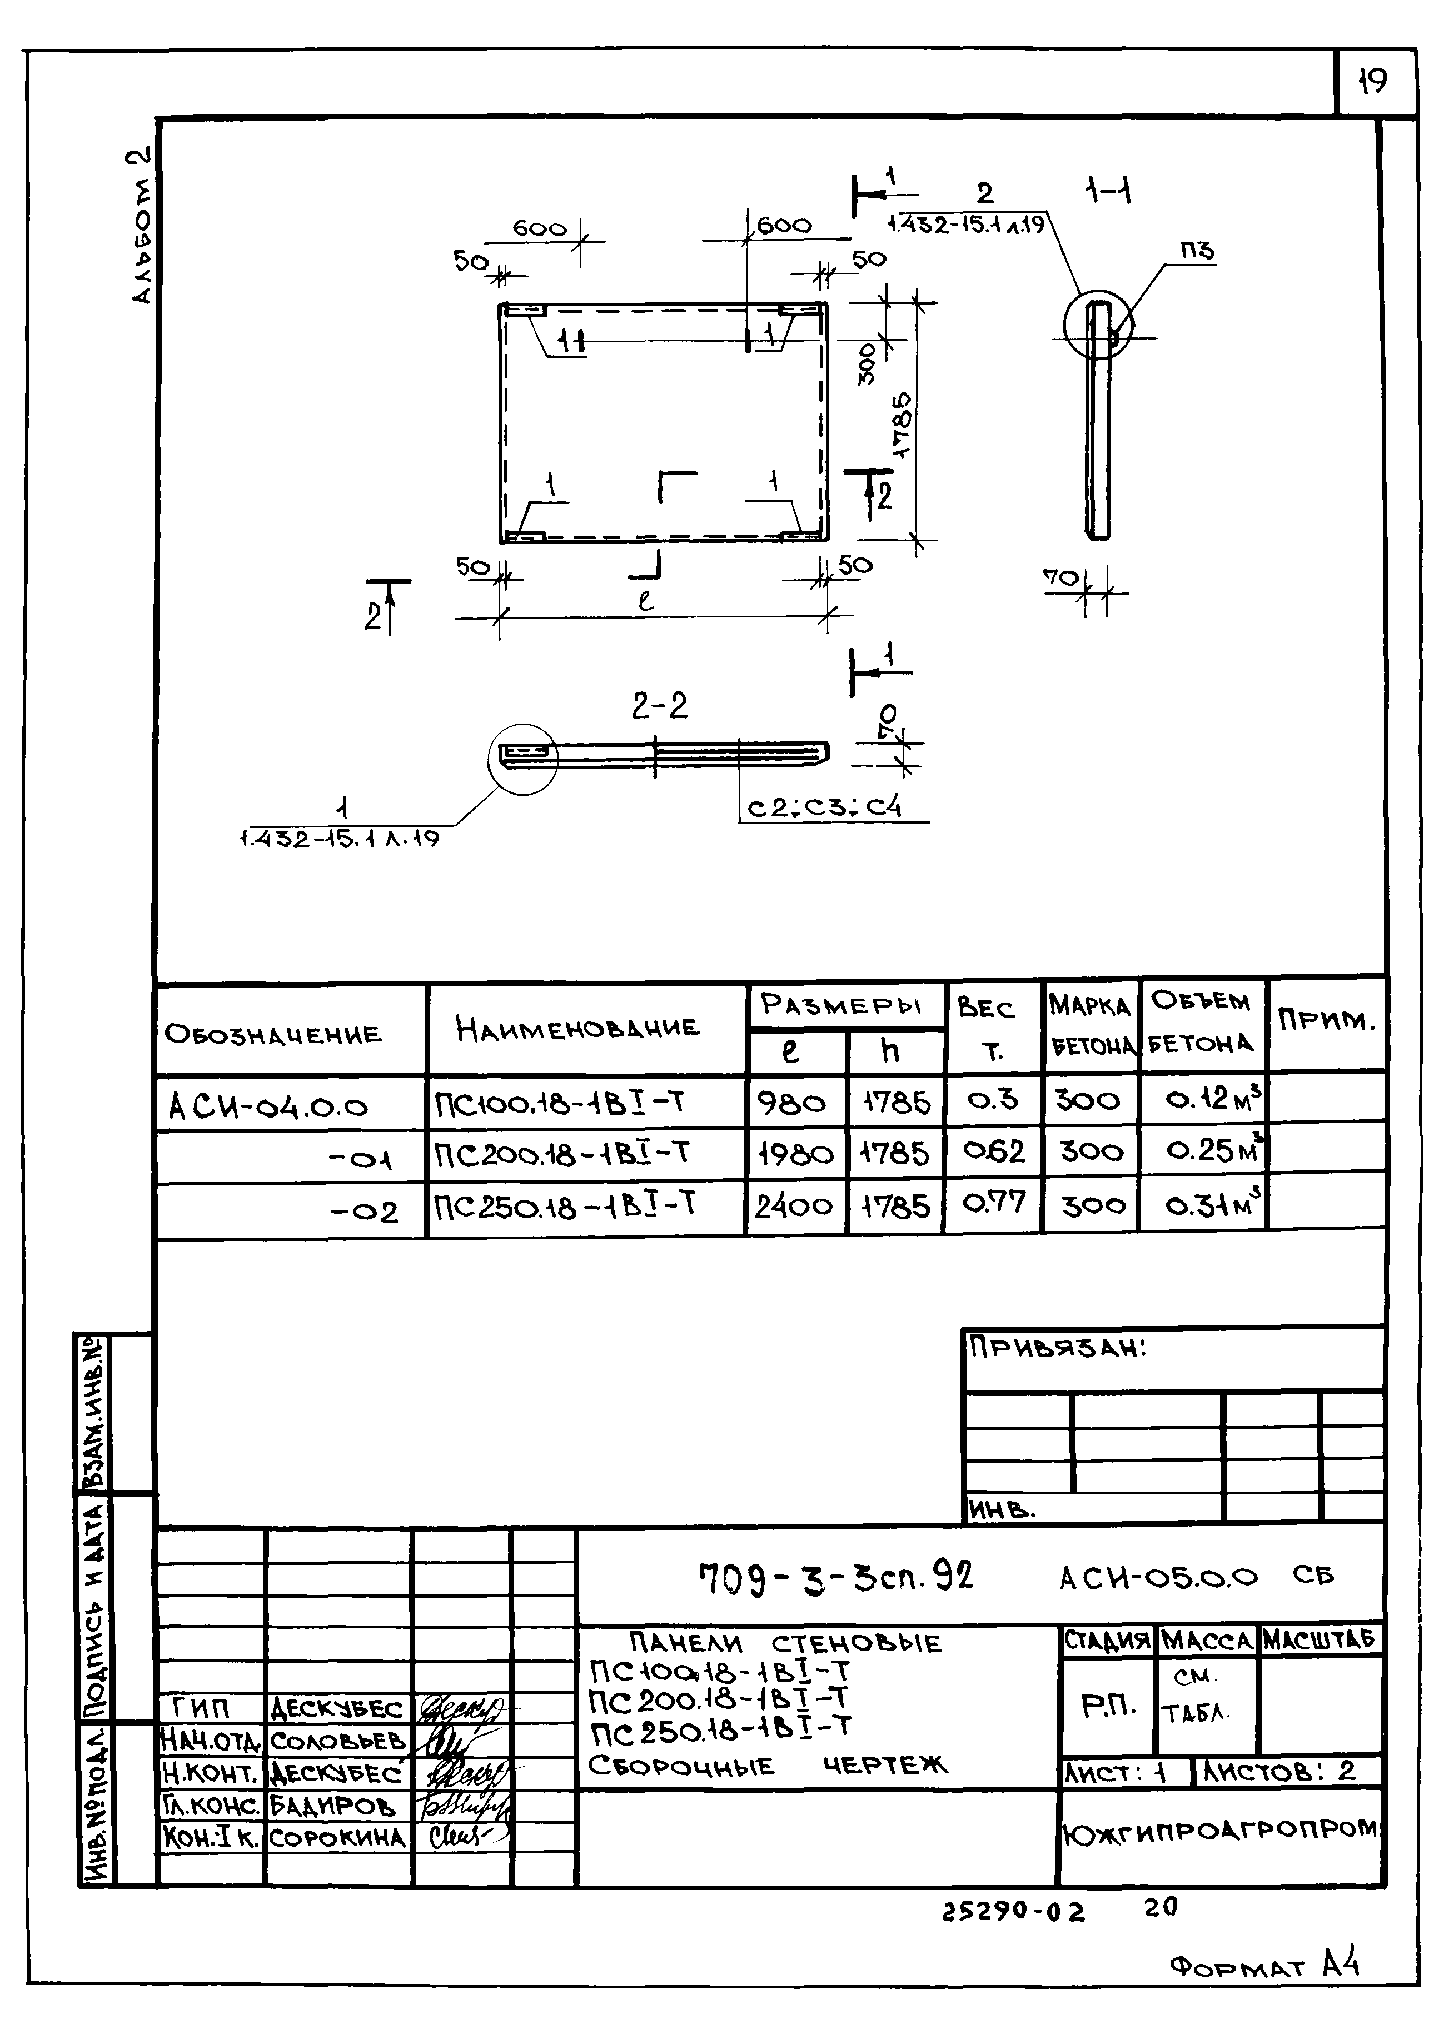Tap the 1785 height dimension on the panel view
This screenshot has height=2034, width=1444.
click(x=901, y=425)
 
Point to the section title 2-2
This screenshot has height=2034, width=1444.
click(x=660, y=707)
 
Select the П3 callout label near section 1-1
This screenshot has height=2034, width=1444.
click(x=1197, y=252)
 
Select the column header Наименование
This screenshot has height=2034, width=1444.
click(x=578, y=1029)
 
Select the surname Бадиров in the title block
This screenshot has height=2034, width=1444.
click(x=332, y=1806)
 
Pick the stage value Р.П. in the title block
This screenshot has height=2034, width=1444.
click(x=1108, y=1705)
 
